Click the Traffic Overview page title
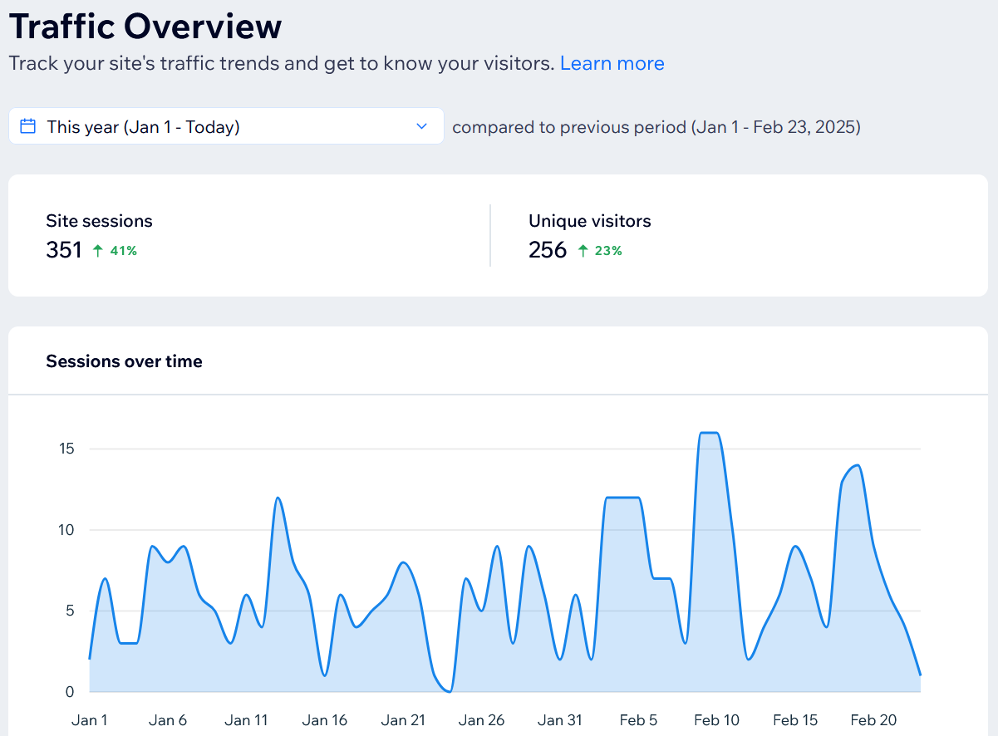point(145,27)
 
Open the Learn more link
point(612,64)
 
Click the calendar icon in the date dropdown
point(27,126)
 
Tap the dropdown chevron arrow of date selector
point(421,126)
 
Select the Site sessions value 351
point(64,250)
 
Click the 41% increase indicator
point(116,251)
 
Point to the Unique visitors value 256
point(547,250)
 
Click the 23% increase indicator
point(600,251)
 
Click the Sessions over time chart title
point(124,361)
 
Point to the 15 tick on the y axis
point(66,449)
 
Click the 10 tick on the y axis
point(66,530)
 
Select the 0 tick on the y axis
point(70,691)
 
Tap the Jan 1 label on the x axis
point(90,720)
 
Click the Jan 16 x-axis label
point(325,720)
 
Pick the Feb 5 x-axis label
point(638,720)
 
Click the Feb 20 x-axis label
point(873,720)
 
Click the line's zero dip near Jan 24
point(450,690)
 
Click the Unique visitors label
point(589,221)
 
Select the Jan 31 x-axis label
point(560,720)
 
